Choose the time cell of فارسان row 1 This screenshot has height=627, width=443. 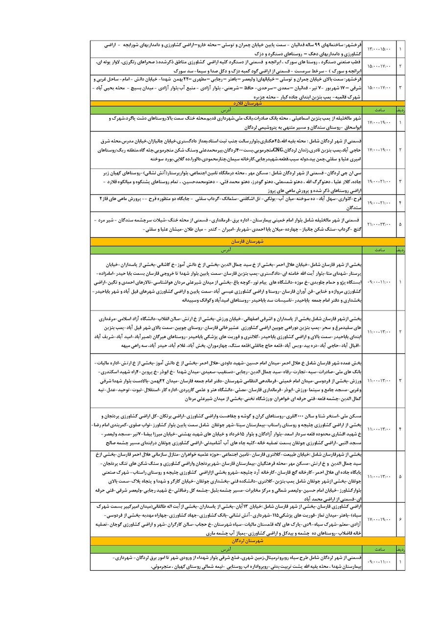(380, 282)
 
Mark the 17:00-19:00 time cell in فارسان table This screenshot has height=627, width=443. (380, 518)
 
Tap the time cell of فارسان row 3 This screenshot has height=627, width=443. (380, 380)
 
